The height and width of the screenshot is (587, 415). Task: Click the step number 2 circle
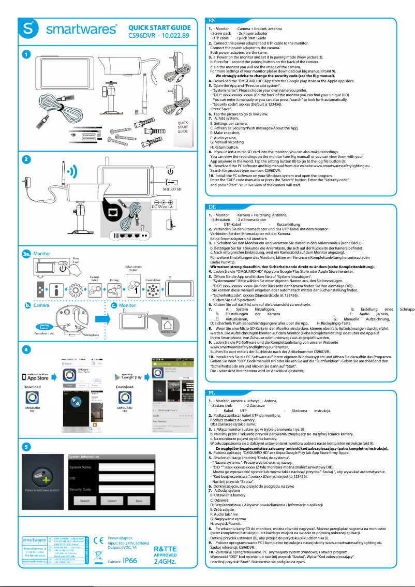tap(26, 159)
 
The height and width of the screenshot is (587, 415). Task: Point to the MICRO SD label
tap(172, 189)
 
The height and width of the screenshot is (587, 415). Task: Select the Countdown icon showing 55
tap(152, 291)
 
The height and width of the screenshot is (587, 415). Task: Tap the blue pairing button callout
tap(45, 326)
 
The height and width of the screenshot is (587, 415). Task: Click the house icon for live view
tap(168, 325)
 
